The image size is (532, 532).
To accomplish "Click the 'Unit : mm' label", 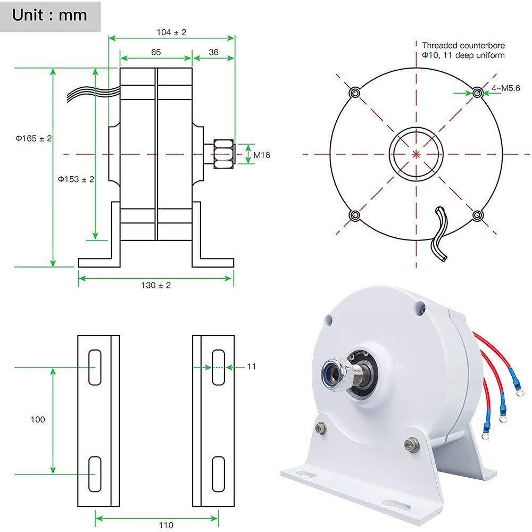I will (49, 14).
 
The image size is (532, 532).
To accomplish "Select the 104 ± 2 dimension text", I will (171, 32).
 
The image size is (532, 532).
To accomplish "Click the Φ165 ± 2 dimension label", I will (34, 138).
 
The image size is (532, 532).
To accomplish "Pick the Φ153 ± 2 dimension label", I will (76, 179).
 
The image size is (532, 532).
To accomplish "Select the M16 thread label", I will (262, 155).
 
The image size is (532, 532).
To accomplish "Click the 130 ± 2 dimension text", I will (156, 285).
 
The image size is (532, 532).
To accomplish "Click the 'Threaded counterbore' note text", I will (463, 45).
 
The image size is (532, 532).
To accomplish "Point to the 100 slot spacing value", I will (38, 419).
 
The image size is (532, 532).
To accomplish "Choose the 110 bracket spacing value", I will (166, 525).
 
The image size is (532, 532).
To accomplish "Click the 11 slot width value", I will (252, 367).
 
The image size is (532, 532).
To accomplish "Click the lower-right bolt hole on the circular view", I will (478, 215).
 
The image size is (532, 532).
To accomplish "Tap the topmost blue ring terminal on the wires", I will (516, 392).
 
